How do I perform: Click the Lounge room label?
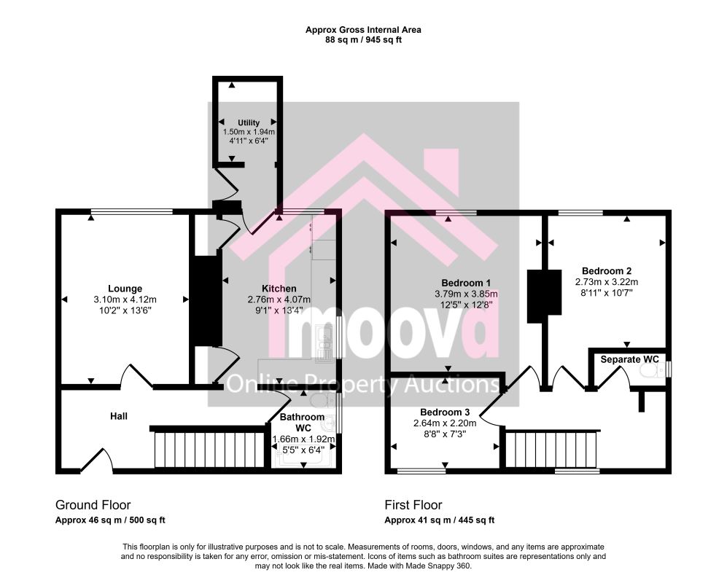pyautogui.click(x=125, y=289)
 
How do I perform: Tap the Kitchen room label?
pyautogui.click(x=279, y=289)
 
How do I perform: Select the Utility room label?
pyautogui.click(x=249, y=123)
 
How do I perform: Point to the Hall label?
pyautogui.click(x=119, y=416)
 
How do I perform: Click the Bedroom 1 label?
pyautogui.click(x=466, y=283)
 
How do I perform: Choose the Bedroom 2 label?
pyautogui.click(x=607, y=270)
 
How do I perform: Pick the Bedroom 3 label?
pyautogui.click(x=445, y=412)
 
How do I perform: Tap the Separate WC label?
pyautogui.click(x=629, y=359)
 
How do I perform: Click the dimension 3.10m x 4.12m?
pyautogui.click(x=125, y=300)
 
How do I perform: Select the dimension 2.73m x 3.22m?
pyautogui.click(x=607, y=282)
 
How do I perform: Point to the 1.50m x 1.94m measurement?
pyautogui.click(x=249, y=132)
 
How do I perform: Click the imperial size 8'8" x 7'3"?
pyautogui.click(x=445, y=434)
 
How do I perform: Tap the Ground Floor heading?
pyautogui.click(x=93, y=505)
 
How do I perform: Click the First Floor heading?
pyautogui.click(x=413, y=505)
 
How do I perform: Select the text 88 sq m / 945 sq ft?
pyautogui.click(x=363, y=40)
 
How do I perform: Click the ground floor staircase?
pyautogui.click(x=209, y=449)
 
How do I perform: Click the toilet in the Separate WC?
pyautogui.click(x=651, y=370)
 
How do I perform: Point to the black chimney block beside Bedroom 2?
pyautogui.click(x=544, y=296)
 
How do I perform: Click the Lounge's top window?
pyautogui.click(x=132, y=212)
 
